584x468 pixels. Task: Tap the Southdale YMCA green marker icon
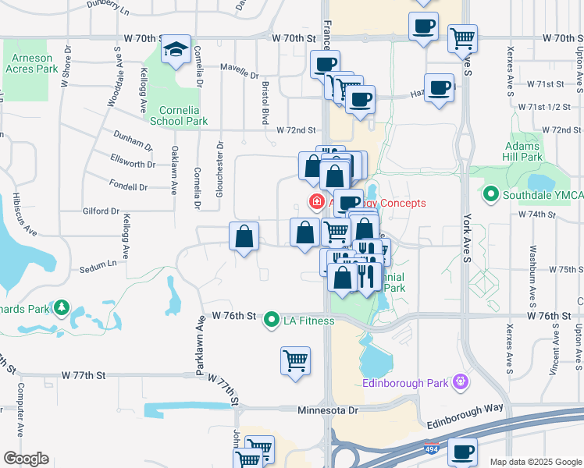coord(491,193)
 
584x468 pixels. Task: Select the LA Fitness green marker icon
coord(272,320)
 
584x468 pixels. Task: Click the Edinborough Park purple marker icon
coord(461,381)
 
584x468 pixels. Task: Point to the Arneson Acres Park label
coord(30,64)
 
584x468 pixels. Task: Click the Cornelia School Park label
coord(179,115)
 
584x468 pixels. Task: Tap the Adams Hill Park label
coord(523,151)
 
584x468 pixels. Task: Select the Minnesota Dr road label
coord(328,409)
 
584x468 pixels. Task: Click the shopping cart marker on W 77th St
coord(295,361)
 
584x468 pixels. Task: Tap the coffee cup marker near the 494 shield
coord(461,452)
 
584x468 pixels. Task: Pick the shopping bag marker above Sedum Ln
coord(244,236)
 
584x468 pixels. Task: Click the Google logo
coord(26,459)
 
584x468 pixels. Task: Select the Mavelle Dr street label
coord(239,76)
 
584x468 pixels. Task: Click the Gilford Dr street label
coord(99,211)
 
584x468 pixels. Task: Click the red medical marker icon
coord(318,203)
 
